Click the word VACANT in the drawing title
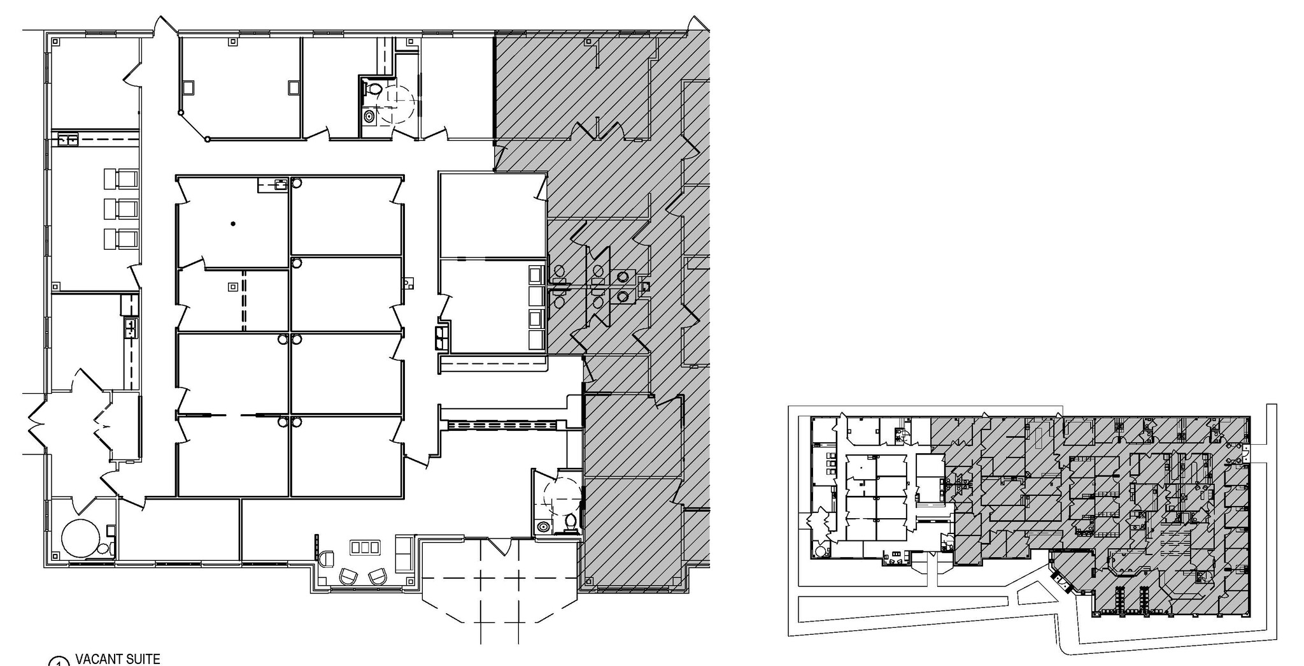tap(97, 658)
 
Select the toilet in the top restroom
tap(374, 90)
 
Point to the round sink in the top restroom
tap(369, 116)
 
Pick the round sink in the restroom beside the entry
tap(543, 527)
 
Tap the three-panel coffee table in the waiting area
tap(365, 547)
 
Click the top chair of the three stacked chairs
tap(120, 179)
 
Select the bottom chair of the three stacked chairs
tap(120, 238)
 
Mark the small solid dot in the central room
tap(233, 224)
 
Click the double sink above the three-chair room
tap(67, 139)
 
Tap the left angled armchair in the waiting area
tap(349, 576)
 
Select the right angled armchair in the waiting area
tap(378, 576)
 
